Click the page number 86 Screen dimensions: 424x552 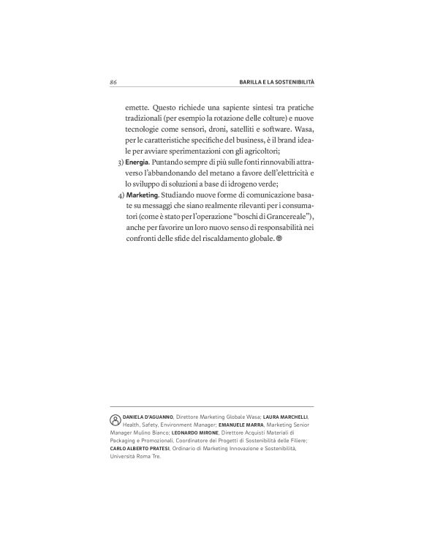point(114,83)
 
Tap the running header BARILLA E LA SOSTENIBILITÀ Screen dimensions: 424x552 point(271,83)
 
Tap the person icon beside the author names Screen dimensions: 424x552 point(115,421)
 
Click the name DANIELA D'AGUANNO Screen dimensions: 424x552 point(148,415)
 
